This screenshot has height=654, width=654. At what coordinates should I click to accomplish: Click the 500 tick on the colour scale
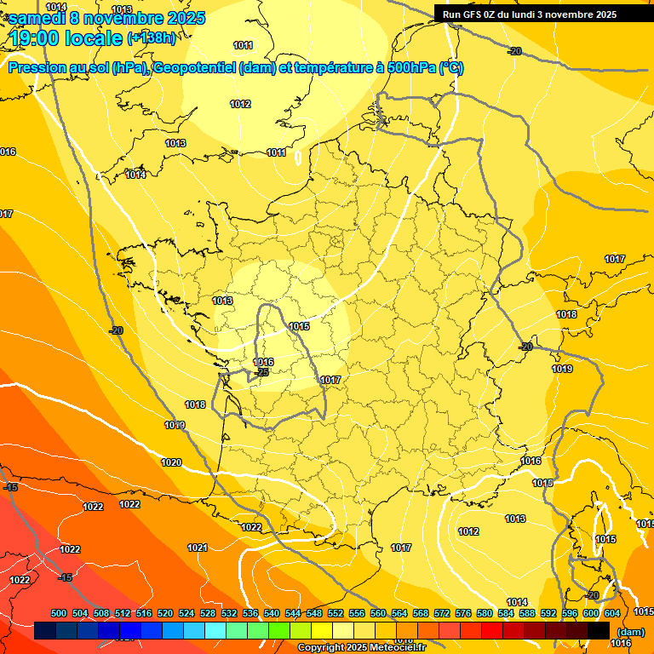click(x=59, y=613)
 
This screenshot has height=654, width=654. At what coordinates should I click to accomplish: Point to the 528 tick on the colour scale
click(x=208, y=613)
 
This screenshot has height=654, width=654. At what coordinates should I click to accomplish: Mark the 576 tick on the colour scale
click(x=462, y=613)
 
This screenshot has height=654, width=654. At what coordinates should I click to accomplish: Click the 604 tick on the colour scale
click(x=612, y=613)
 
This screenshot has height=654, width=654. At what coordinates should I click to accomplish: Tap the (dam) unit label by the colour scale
click(x=629, y=632)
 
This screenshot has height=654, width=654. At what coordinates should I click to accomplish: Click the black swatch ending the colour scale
click(x=599, y=631)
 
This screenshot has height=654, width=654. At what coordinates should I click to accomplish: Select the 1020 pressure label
click(x=171, y=462)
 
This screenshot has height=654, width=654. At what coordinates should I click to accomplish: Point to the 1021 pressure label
click(x=198, y=548)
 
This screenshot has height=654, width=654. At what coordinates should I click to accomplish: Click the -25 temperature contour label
click(x=262, y=372)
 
